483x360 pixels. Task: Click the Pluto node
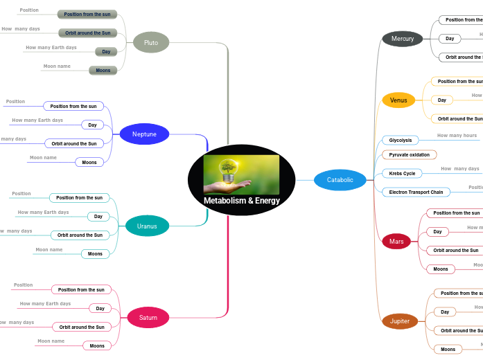(x=150, y=43)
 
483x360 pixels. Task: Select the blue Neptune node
(x=144, y=134)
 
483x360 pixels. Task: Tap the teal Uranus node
(x=147, y=226)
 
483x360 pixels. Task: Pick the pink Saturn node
(x=148, y=318)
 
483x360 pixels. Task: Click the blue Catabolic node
(x=340, y=180)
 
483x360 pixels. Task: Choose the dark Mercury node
(x=402, y=39)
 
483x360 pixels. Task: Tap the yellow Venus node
(x=398, y=100)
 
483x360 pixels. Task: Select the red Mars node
(x=396, y=242)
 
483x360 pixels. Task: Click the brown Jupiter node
(x=400, y=321)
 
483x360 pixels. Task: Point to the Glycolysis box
(x=401, y=140)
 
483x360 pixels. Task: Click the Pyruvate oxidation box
(x=409, y=155)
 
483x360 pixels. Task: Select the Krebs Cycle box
(x=402, y=173)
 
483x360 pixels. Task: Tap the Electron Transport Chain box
(x=416, y=192)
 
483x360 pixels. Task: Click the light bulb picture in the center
(x=241, y=174)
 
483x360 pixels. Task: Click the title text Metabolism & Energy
(x=242, y=201)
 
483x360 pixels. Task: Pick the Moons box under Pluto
(x=103, y=70)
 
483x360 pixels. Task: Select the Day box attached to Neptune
(x=92, y=125)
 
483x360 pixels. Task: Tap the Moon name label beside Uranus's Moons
(x=49, y=249)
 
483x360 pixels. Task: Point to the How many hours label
(x=457, y=136)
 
